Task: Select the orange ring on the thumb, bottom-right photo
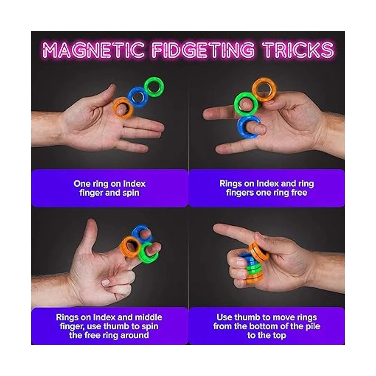(259, 252)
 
